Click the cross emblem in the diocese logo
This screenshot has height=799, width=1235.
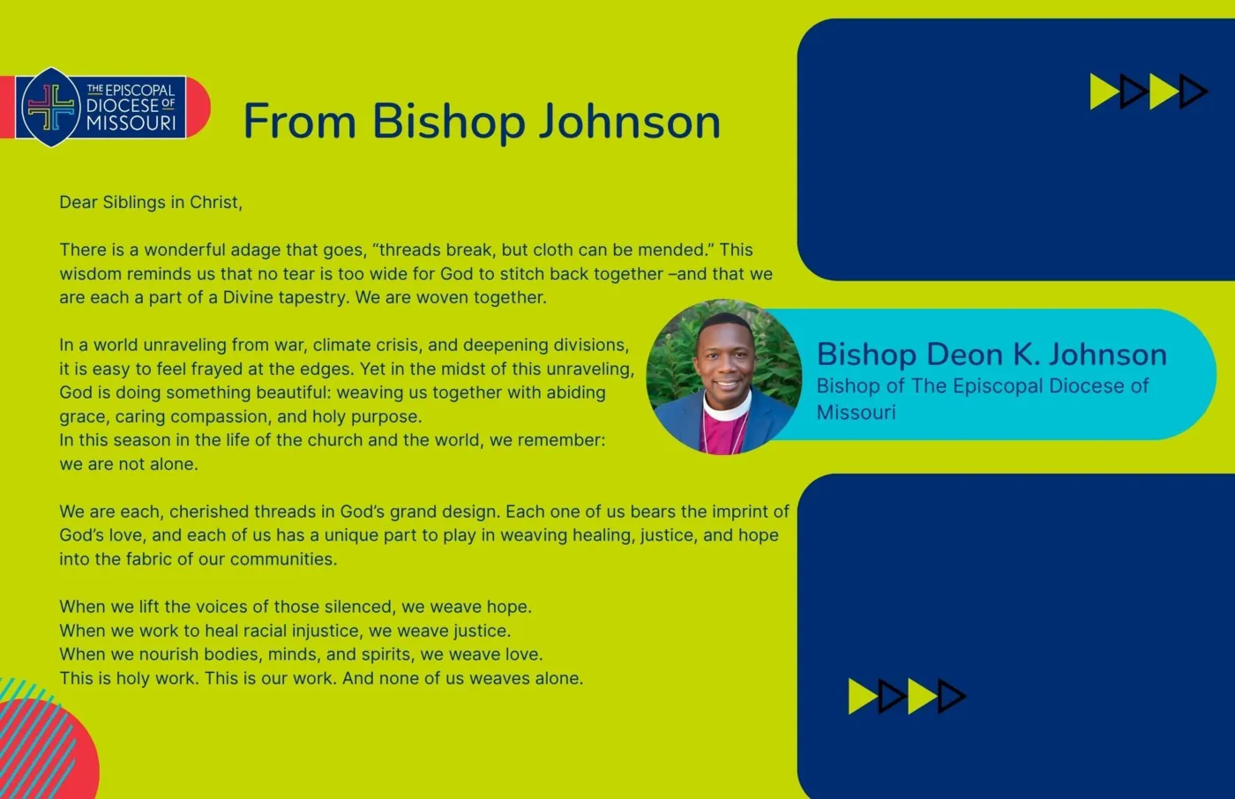(51, 108)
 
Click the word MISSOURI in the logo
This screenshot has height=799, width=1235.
(131, 123)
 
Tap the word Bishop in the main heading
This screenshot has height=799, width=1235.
(448, 122)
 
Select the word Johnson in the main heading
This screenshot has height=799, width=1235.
(630, 122)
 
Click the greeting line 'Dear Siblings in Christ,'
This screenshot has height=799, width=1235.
(151, 202)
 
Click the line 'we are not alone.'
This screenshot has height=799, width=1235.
(129, 464)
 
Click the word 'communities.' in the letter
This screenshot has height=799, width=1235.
(283, 559)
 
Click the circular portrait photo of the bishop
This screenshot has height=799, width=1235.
(724, 377)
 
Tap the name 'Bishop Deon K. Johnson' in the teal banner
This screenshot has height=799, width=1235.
(992, 354)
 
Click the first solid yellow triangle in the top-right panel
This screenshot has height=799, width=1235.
(1104, 92)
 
